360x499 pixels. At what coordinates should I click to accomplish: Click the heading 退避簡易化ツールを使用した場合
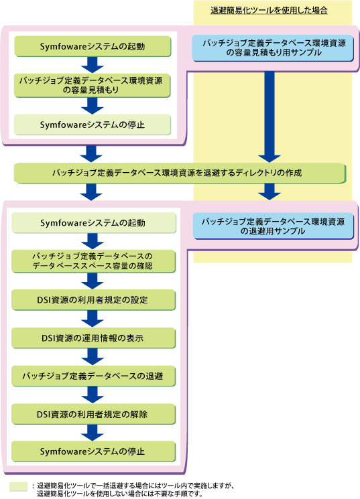(x=269, y=11)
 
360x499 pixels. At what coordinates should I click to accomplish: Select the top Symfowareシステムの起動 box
(x=93, y=46)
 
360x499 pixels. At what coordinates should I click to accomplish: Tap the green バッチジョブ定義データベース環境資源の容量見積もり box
(x=92, y=85)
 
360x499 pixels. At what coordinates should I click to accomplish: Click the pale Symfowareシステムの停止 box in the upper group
(x=92, y=125)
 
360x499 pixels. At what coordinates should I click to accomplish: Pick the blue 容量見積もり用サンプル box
(x=273, y=48)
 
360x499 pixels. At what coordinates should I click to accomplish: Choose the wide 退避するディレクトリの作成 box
(x=180, y=173)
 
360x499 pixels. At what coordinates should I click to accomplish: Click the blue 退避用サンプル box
(x=274, y=226)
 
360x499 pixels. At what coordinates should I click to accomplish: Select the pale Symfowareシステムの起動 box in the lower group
(x=94, y=223)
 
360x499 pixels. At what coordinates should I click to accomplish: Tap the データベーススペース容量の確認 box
(x=94, y=261)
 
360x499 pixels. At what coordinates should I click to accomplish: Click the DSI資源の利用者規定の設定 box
(x=94, y=300)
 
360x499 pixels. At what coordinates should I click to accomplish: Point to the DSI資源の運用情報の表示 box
(x=94, y=338)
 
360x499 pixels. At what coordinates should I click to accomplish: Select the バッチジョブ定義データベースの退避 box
(x=94, y=376)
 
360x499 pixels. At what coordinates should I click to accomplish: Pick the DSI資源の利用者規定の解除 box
(x=94, y=414)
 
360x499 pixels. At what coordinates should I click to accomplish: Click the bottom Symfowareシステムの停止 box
(x=94, y=451)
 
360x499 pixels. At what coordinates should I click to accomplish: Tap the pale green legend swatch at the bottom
(x=19, y=486)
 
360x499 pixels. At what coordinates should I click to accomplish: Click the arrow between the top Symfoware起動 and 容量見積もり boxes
(x=93, y=65)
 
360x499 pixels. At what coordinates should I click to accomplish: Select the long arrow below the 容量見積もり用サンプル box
(x=269, y=117)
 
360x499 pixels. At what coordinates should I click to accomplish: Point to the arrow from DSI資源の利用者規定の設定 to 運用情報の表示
(x=93, y=319)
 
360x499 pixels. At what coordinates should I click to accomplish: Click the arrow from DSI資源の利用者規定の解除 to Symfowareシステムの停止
(x=93, y=433)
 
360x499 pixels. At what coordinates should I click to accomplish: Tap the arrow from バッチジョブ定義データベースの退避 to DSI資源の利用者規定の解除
(x=93, y=395)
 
